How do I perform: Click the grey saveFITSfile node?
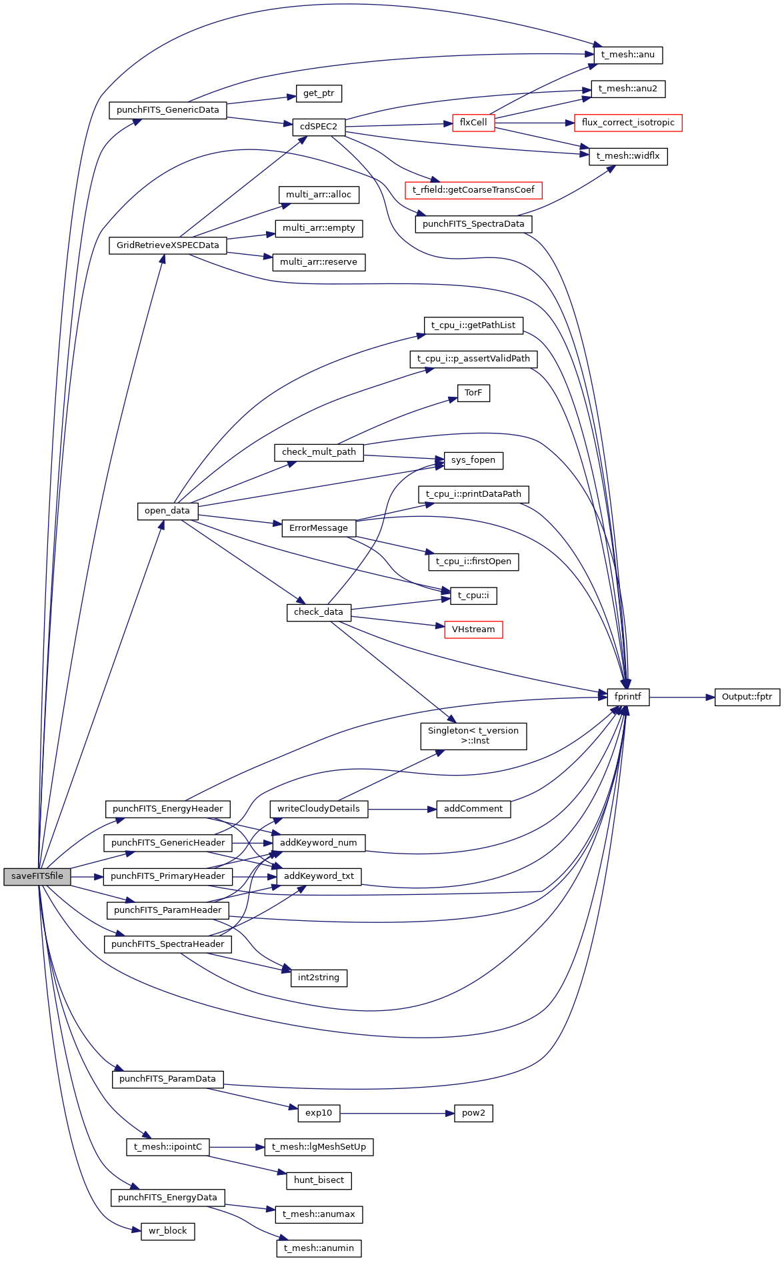coord(37,876)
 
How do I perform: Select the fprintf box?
coord(627,697)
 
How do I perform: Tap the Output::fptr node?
coord(747,697)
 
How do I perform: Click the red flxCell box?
coord(473,123)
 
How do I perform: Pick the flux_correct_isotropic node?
coord(627,123)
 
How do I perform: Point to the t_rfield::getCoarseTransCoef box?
coord(473,190)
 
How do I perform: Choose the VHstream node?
coord(473,629)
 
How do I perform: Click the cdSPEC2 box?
coord(319,127)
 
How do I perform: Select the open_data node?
coord(167,511)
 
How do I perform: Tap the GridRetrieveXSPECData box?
coord(167,245)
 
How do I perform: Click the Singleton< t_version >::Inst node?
coord(473,736)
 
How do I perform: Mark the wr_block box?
coord(167,1231)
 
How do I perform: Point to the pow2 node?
coord(473,1113)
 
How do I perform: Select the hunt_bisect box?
coord(319,1180)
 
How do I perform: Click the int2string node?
coord(319,978)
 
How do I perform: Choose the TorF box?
coord(473,393)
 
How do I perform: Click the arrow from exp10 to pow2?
coord(397,1113)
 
